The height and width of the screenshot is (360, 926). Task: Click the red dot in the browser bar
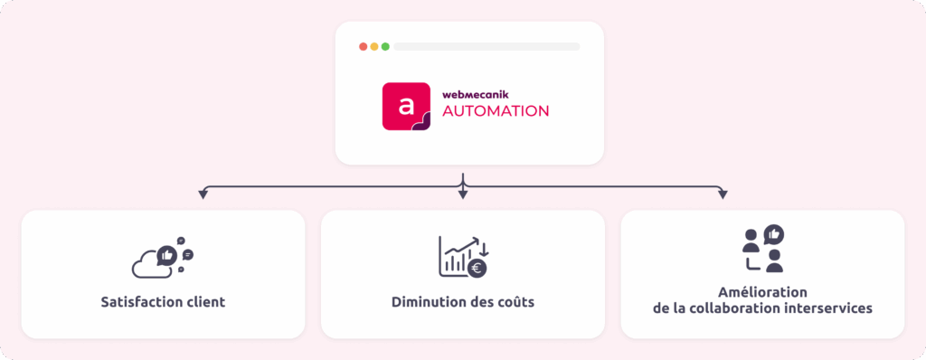[363, 46]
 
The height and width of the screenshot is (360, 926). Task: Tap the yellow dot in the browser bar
[373, 46]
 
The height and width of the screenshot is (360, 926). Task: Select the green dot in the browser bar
[385, 46]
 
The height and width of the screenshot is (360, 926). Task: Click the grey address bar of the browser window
[486, 46]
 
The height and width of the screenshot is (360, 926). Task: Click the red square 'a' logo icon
[406, 106]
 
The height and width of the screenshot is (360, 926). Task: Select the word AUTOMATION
[495, 112]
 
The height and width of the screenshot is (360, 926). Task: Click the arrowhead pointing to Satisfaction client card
[205, 193]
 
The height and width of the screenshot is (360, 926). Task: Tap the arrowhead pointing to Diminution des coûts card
[463, 193]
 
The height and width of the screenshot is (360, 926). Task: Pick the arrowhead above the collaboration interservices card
[722, 193]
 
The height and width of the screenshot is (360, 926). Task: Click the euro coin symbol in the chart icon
[477, 267]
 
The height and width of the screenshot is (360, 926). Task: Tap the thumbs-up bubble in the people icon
[772, 235]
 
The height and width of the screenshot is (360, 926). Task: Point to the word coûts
[515, 302]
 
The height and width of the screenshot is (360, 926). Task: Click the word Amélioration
[761, 291]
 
